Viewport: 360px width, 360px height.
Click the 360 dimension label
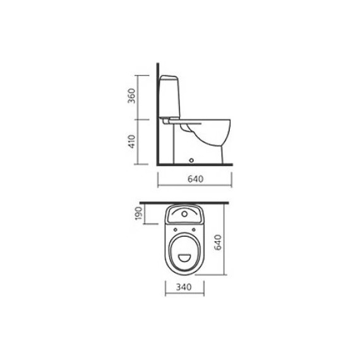131,96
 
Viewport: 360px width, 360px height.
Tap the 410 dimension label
131,141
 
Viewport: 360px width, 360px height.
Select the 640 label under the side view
195,179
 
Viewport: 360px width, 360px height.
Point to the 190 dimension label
139,213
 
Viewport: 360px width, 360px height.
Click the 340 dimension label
184,287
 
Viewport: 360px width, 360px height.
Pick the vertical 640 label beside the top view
218,243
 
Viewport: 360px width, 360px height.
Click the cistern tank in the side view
169,97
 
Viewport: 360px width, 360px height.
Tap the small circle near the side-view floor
191,160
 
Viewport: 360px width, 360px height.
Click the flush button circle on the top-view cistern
184,214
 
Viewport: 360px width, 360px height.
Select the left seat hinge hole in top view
175,230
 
